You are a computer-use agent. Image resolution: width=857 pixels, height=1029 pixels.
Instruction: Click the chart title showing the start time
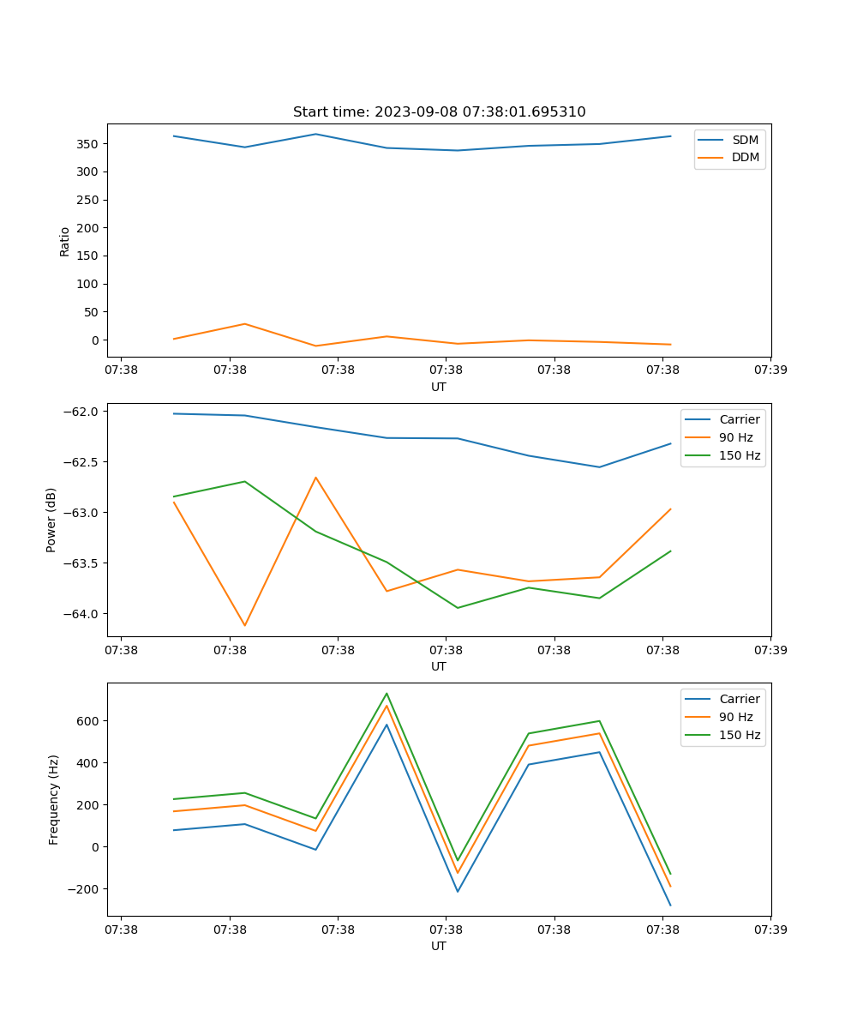coord(439,112)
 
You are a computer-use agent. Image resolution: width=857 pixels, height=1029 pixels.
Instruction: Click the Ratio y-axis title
coord(65,241)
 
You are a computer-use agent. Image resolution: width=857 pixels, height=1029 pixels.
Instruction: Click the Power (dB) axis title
coord(51,520)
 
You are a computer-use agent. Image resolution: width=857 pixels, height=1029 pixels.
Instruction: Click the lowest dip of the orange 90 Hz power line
coord(245,625)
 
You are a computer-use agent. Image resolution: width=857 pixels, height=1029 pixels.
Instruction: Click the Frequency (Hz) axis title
coord(53,799)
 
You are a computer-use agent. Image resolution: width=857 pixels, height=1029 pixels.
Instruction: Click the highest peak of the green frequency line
coord(387,693)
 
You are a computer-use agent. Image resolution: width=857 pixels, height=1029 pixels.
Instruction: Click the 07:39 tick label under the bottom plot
coord(770,930)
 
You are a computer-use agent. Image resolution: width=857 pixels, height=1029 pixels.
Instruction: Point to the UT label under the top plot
coord(439,387)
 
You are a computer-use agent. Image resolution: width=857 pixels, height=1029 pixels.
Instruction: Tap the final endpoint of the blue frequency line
coord(670,906)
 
